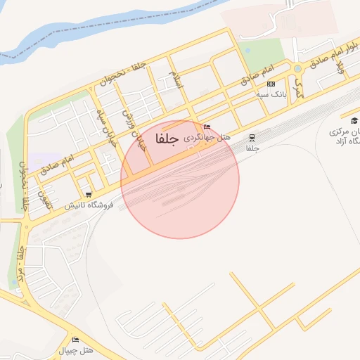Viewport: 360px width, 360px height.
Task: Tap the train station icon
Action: [x=252, y=138]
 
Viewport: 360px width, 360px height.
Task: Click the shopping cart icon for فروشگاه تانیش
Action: [x=89, y=194]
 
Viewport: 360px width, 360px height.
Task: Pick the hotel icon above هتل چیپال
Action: [x=75, y=340]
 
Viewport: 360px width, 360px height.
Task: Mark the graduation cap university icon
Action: [x=354, y=120]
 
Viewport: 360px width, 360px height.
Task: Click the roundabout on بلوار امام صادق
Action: [x=297, y=69]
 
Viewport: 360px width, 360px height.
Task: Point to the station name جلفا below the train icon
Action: [x=252, y=149]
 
